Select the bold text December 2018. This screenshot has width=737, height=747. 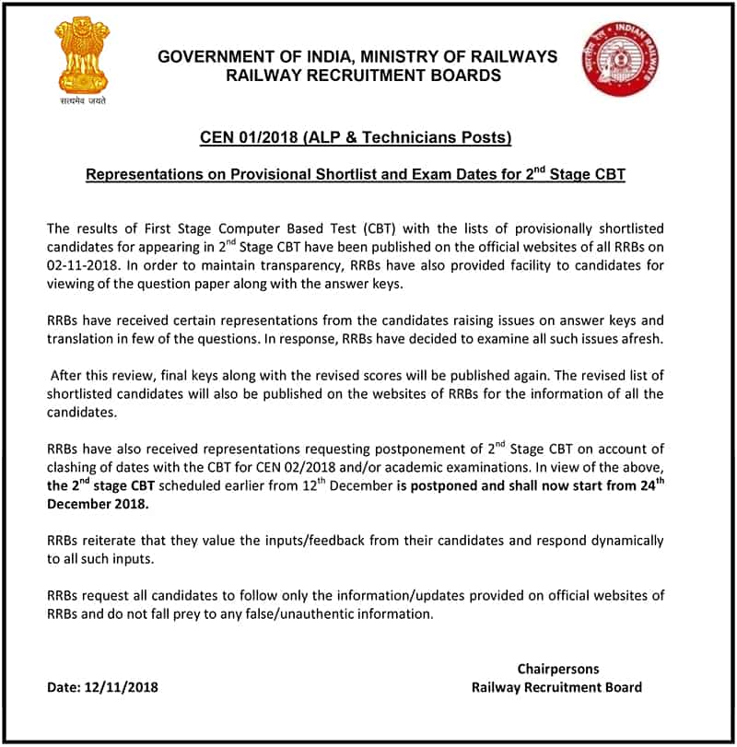pos(97,505)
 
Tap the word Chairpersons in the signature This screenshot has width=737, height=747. pos(557,669)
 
